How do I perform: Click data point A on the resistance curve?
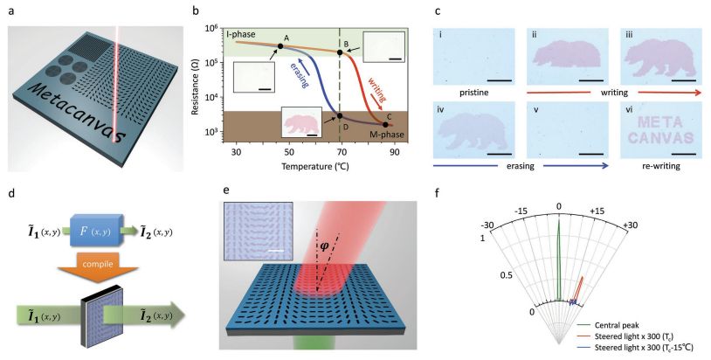tap(280, 45)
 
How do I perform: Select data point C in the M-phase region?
tap(385, 124)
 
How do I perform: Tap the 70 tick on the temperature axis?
tap(342, 151)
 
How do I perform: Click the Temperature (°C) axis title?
tap(315, 166)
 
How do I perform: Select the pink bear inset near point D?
tap(301, 122)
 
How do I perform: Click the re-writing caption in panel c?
tap(661, 166)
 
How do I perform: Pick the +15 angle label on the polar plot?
tap(597, 211)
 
